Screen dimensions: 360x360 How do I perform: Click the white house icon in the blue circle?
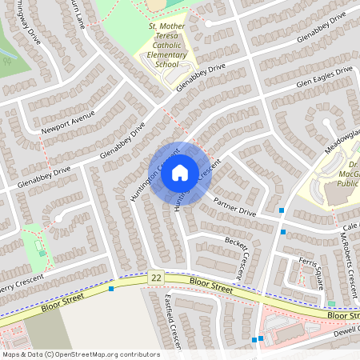pyautogui.click(x=180, y=173)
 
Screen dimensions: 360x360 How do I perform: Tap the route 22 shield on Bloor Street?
pyautogui.click(x=155, y=277)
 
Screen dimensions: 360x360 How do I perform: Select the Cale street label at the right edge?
pyautogui.click(x=353, y=226)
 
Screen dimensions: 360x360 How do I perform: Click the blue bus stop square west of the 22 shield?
pyautogui.click(x=111, y=288)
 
